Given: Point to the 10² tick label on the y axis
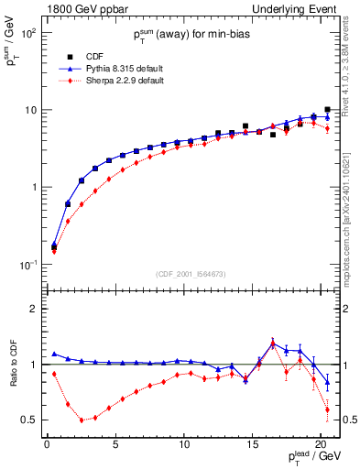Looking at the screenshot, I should pyautogui.click(x=27, y=33).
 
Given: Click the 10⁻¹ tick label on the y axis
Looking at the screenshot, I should pyautogui.click(x=27, y=265).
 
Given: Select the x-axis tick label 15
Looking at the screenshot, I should pyautogui.click(x=251, y=446).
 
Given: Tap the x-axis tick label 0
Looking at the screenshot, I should pyautogui.click(x=47, y=446).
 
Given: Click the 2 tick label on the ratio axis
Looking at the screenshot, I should pyautogui.click(x=33, y=309).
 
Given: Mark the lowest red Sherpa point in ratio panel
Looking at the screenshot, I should pyautogui.click(x=82, y=420).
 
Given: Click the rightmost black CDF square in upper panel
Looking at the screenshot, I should pyautogui.click(x=327, y=109).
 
